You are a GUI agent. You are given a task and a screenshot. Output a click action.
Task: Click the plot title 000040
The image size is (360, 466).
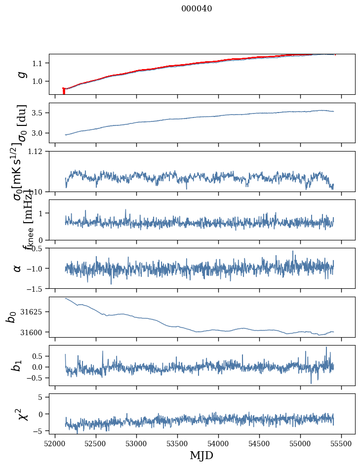click(x=197, y=8)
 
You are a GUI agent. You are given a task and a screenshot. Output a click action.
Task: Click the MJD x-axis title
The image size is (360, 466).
click(x=201, y=455)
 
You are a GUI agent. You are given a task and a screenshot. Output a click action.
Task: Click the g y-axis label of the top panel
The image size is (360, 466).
click(x=21, y=74)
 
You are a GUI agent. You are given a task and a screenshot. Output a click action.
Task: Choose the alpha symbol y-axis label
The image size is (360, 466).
click(x=18, y=268)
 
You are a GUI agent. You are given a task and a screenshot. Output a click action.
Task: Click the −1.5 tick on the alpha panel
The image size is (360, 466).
click(x=37, y=288)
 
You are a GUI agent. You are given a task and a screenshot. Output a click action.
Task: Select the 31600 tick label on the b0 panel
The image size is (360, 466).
click(x=35, y=332)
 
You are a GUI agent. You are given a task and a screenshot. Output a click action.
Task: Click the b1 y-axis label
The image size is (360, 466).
click(x=18, y=365)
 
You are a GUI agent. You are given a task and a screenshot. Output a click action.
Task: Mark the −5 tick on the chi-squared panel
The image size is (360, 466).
click(x=39, y=431)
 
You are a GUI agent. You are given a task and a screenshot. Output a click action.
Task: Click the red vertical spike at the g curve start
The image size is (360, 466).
click(x=64, y=91)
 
